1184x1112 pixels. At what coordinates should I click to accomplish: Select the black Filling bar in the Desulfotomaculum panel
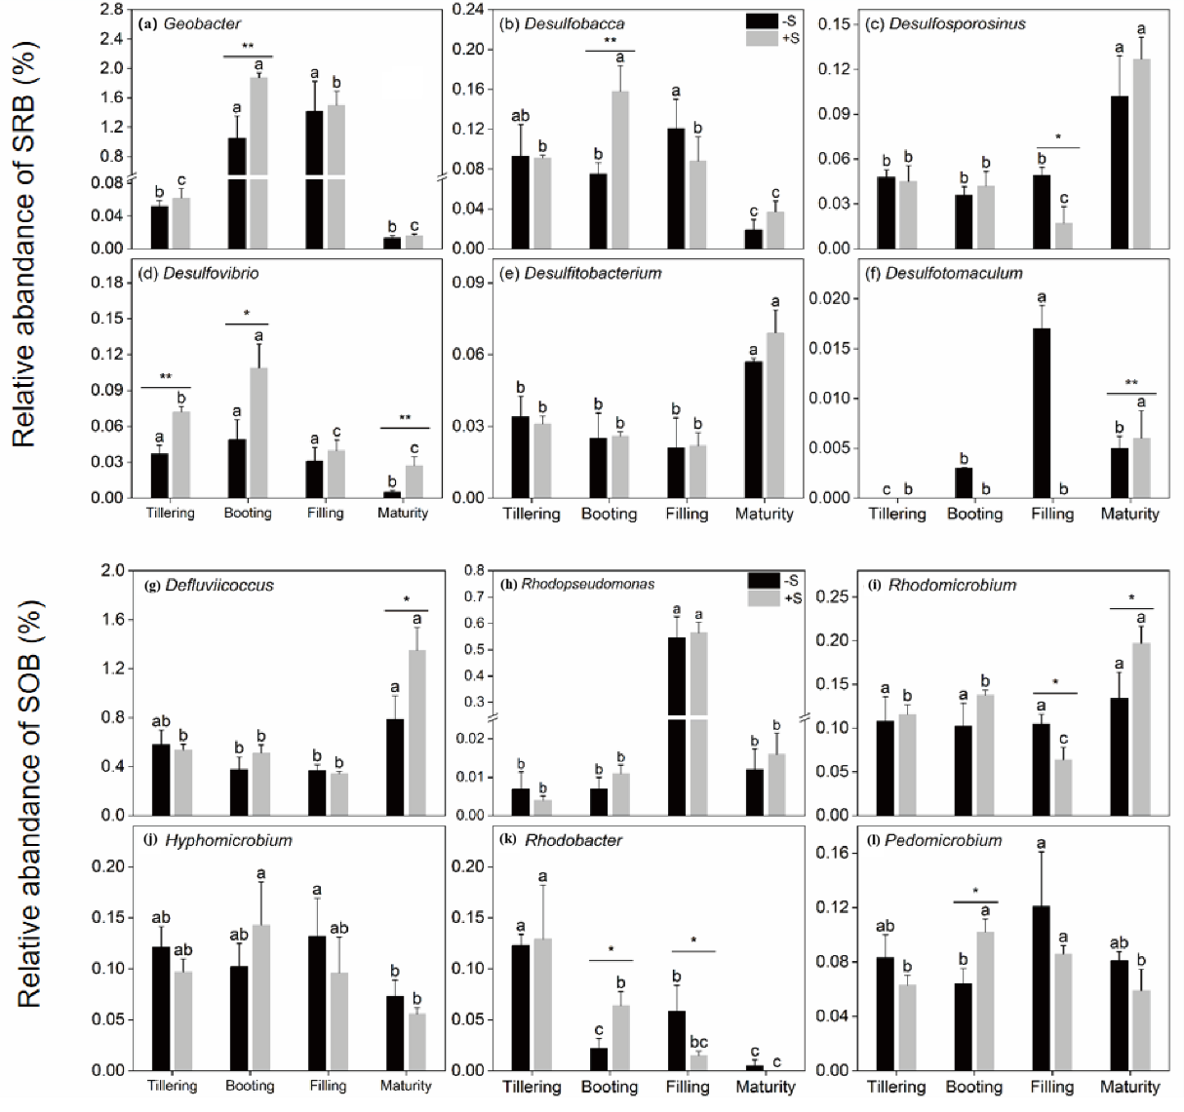(1042, 412)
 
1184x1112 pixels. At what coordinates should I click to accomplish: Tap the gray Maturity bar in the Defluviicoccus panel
(417, 732)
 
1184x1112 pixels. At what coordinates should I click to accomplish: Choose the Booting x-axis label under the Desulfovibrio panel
(247, 514)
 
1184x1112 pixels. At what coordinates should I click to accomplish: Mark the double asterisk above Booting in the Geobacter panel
(249, 48)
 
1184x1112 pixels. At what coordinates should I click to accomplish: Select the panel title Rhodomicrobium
(951, 586)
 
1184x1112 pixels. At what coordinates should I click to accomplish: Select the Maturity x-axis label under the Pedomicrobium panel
(1129, 1087)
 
